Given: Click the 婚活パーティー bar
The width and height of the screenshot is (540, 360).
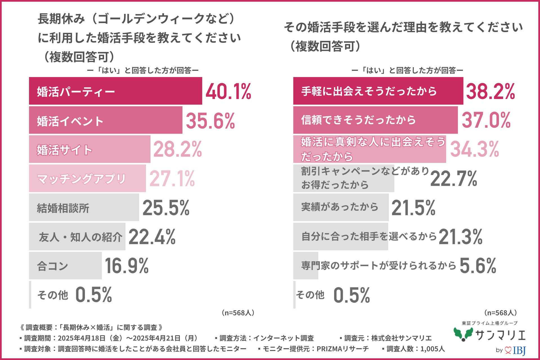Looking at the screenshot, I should [x=115, y=91].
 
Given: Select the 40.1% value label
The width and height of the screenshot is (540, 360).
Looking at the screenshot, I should [x=228, y=92].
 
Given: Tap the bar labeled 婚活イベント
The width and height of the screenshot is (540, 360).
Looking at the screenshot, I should [x=105, y=120].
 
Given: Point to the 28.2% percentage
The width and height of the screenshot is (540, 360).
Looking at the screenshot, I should [x=177, y=149].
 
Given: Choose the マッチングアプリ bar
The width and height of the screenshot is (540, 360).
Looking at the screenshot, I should [x=87, y=178].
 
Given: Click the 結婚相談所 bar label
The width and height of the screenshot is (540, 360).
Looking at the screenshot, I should [x=63, y=208].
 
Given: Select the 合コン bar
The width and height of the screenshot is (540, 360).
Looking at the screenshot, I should [x=65, y=265].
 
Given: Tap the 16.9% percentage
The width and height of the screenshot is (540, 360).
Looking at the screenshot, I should [x=127, y=266].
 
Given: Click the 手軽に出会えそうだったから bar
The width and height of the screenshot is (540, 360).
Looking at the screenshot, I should [x=378, y=91].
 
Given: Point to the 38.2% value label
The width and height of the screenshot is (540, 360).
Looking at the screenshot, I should [x=490, y=92].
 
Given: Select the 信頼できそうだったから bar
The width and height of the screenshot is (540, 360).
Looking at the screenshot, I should [x=375, y=120].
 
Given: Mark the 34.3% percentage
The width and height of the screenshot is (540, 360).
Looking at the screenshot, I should [x=475, y=149].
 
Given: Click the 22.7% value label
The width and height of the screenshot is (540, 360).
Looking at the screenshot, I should [x=454, y=179].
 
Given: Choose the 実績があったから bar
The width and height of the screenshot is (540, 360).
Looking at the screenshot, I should [x=341, y=207].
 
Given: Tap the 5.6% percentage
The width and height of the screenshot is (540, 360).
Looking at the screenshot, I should [x=478, y=266].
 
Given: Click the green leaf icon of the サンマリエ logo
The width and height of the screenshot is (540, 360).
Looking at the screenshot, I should [x=463, y=334].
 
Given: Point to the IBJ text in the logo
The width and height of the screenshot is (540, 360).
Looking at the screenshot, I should [x=519, y=350].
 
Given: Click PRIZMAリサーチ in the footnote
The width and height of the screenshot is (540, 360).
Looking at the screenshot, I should [x=343, y=349].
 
